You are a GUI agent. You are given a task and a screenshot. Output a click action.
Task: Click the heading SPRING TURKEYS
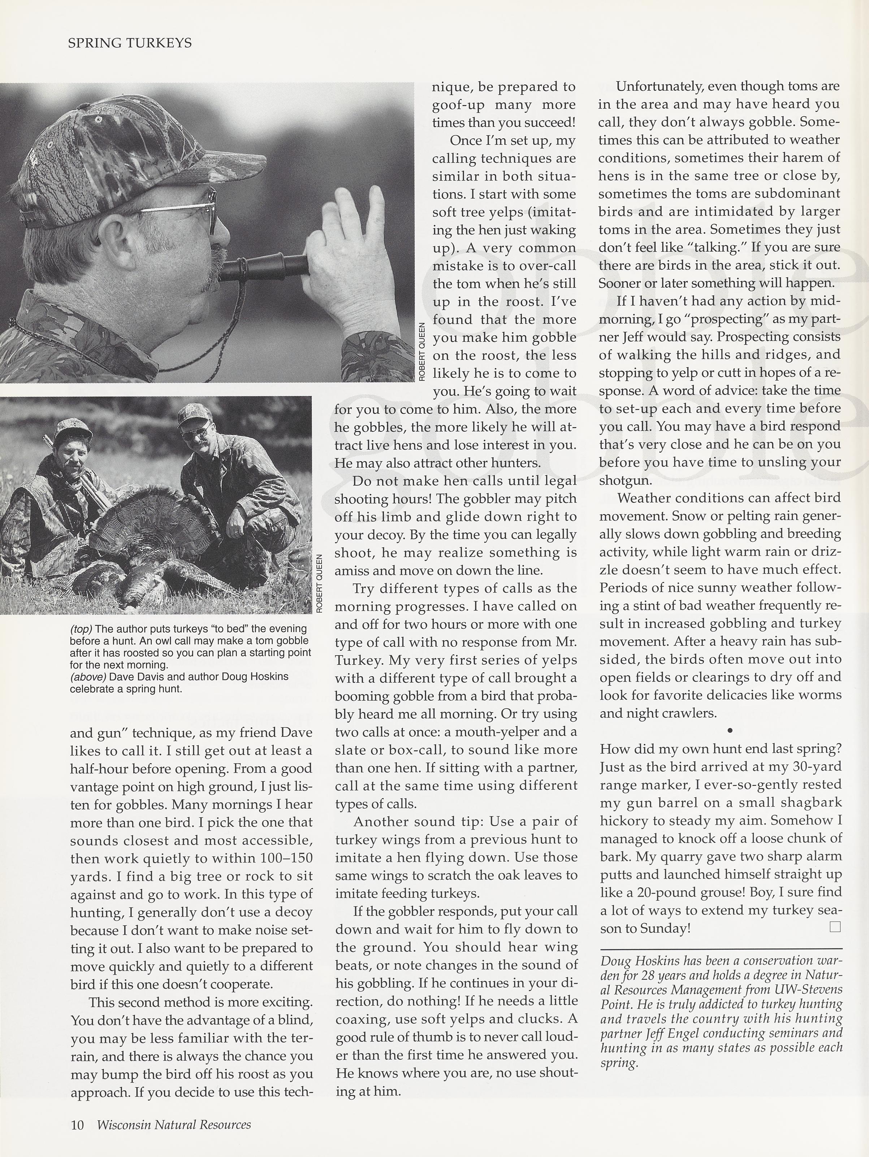130,43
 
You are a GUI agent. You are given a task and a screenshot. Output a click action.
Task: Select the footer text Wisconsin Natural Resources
174,1125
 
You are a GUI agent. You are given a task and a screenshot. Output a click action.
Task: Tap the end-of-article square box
835,927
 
